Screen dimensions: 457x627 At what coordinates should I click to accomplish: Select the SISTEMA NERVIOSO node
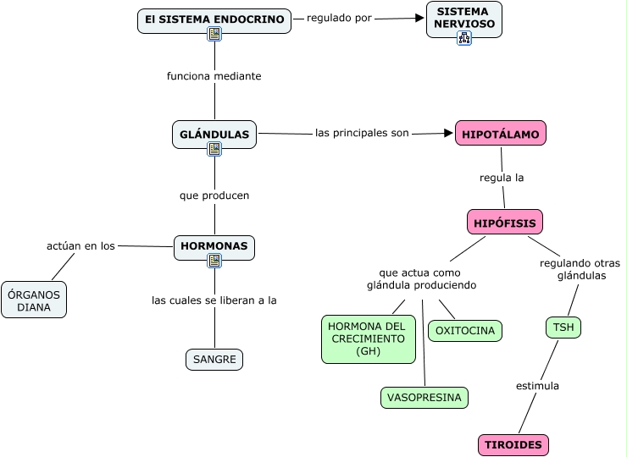[463, 18]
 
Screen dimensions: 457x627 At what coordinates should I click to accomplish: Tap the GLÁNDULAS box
[214, 134]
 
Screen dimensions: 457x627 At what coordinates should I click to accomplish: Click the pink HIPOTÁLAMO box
[502, 134]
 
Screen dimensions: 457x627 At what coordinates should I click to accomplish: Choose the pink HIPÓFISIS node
[505, 222]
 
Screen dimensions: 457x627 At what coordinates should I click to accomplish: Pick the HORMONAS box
[214, 246]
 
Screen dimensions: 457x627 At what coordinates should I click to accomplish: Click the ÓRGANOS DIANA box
[34, 300]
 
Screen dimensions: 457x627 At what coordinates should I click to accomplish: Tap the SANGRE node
[214, 360]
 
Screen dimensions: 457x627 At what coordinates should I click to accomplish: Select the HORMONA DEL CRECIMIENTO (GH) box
[369, 339]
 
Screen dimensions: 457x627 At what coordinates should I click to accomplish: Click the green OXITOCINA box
[465, 331]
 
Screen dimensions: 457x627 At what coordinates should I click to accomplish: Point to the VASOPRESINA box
[424, 397]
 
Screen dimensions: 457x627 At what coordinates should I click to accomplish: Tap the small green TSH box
[563, 328]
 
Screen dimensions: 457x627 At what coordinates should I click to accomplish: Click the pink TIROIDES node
[513, 445]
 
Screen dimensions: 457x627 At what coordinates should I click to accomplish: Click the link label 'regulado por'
[339, 17]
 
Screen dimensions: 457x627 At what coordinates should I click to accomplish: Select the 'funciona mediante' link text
[214, 76]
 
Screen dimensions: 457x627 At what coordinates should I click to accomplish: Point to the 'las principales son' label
[362, 133]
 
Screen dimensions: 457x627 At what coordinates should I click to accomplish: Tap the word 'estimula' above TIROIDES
[538, 386]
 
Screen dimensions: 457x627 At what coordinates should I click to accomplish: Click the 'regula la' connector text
[502, 178]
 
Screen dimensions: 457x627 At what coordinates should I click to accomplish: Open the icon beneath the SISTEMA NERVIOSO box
[463, 38]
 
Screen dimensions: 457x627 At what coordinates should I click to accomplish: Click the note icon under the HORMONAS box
[214, 261]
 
